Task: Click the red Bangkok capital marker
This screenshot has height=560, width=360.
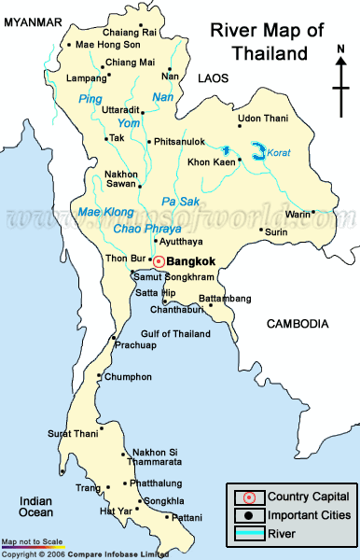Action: pos(159,261)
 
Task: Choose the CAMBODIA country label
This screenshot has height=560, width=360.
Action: pos(298,324)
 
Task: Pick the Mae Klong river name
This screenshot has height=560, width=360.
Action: pos(105,212)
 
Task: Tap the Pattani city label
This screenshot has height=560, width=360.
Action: pos(185,516)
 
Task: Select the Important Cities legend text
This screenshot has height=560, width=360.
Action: pos(309,515)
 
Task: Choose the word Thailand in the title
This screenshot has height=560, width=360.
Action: pos(270,52)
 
